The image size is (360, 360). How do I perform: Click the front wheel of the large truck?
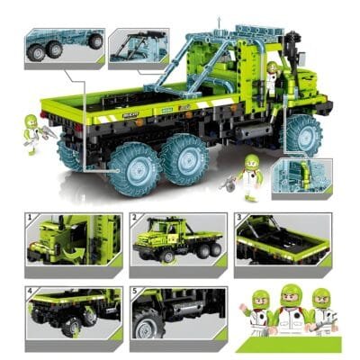tap(303, 135)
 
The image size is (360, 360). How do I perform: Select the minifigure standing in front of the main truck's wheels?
tap(252, 175)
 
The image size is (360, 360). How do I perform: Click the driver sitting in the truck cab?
tap(272, 78)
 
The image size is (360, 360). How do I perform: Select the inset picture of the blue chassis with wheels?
tap(64, 45)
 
